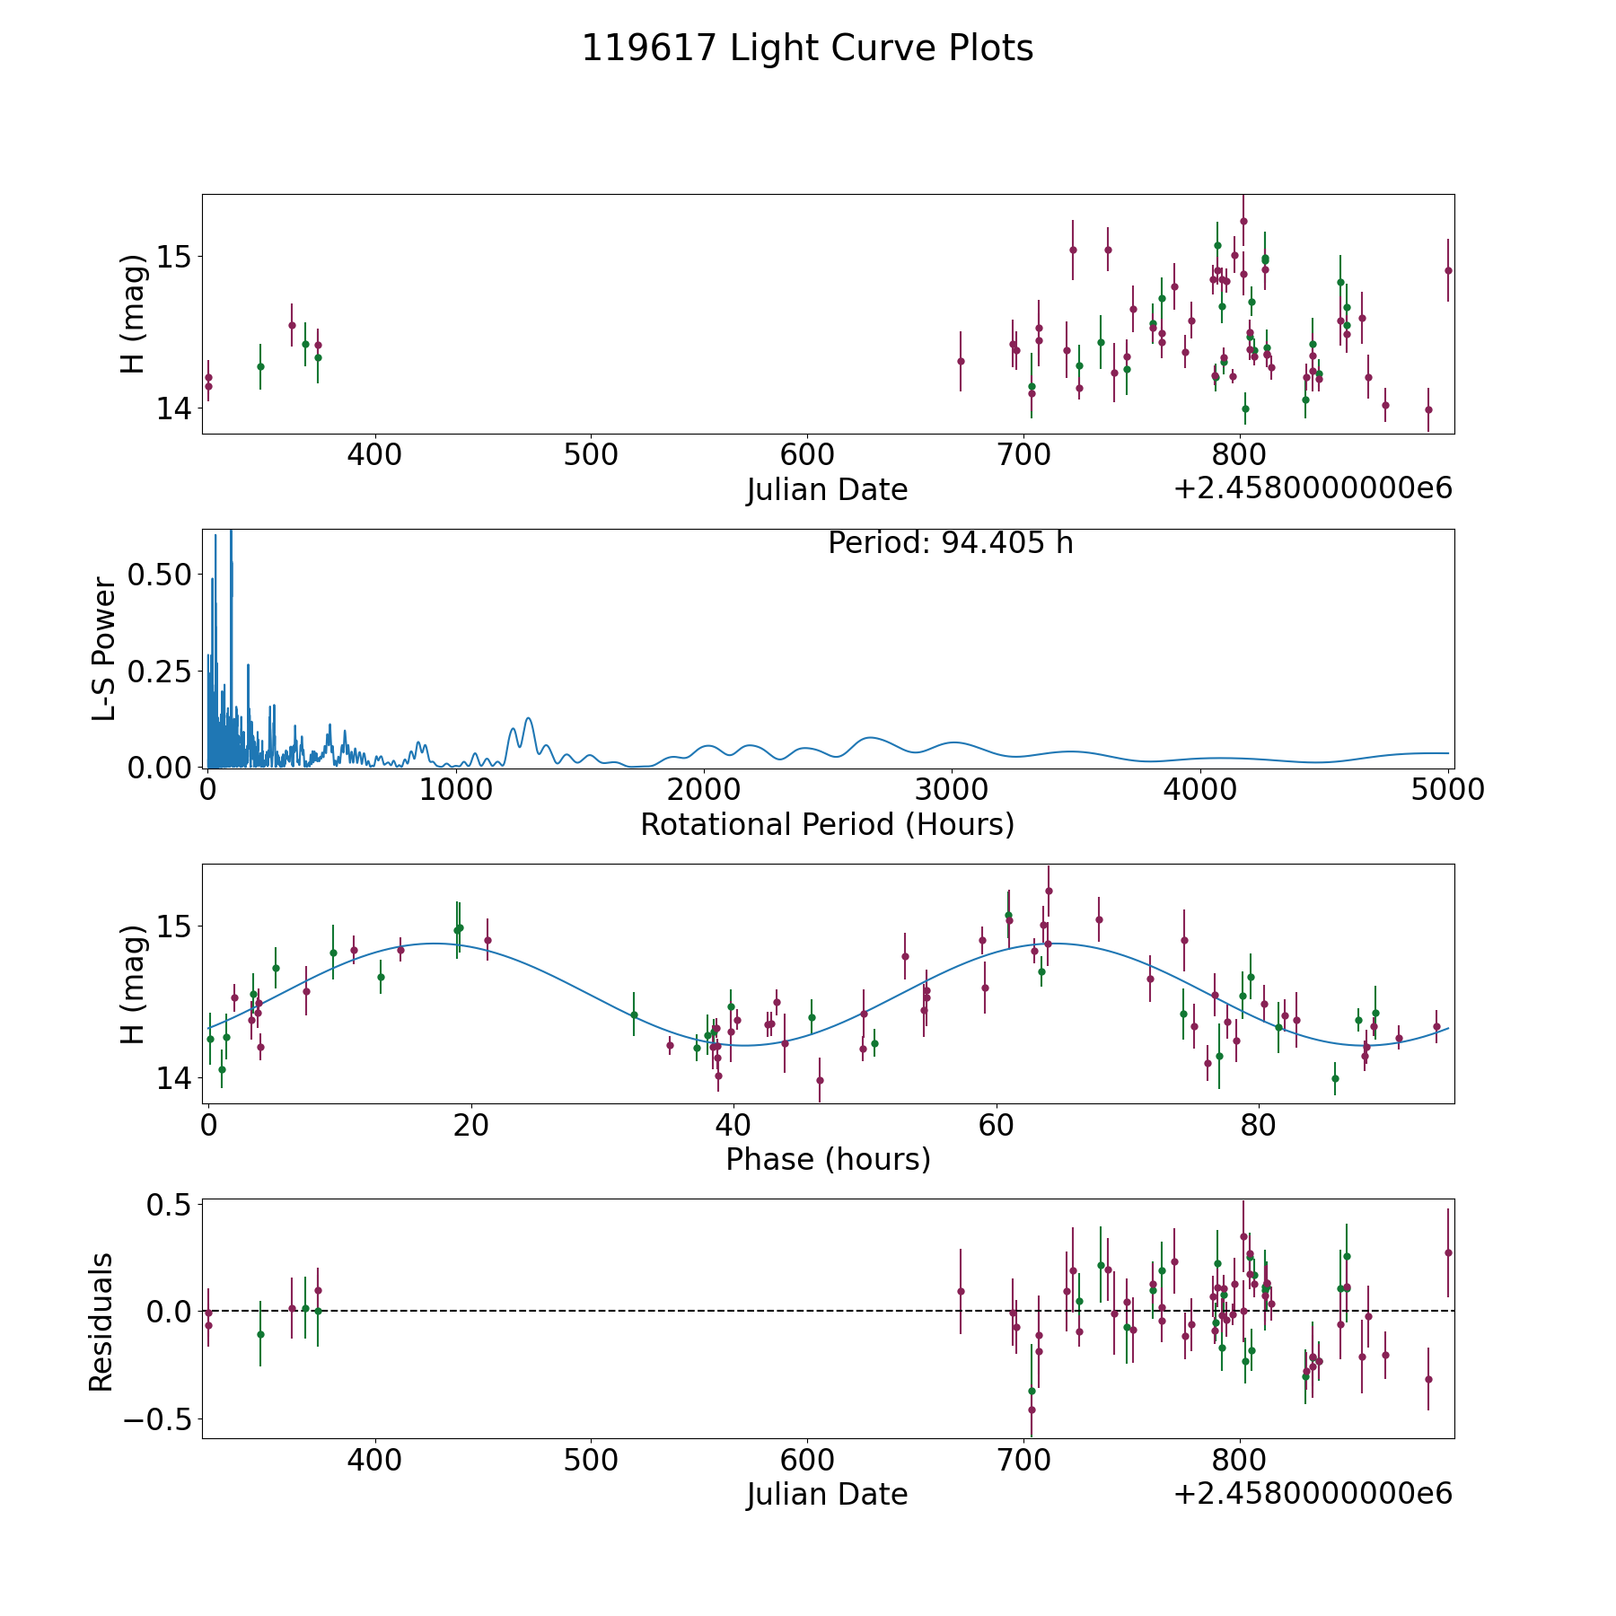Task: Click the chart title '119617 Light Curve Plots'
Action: [807, 48]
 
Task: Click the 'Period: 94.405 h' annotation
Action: [950, 543]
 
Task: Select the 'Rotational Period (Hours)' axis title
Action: [827, 824]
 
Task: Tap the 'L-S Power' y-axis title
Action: [104, 649]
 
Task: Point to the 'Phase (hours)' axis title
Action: [828, 1159]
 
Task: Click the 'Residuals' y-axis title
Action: [101, 1322]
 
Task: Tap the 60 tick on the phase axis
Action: [996, 1125]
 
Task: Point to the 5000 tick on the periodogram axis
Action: [1447, 789]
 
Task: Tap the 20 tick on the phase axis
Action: [470, 1125]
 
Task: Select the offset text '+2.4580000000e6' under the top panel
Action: [1313, 488]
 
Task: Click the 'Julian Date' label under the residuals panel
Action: [827, 1494]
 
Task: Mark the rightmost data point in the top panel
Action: [1448, 270]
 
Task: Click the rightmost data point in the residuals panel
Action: [1448, 1252]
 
